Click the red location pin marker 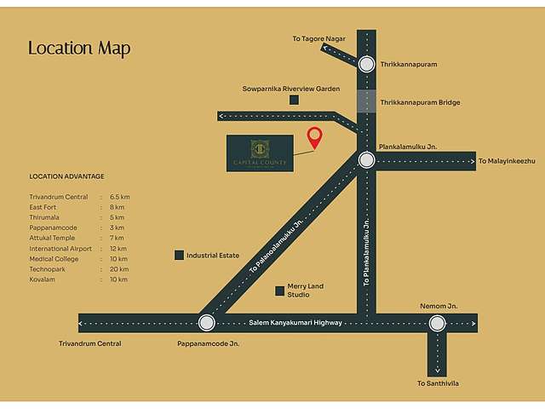pyautogui.click(x=315, y=137)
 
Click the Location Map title pyautogui.click(x=79, y=48)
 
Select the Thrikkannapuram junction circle pyautogui.click(x=366, y=64)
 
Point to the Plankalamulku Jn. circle pyautogui.click(x=366, y=160)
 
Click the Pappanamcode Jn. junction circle pyautogui.click(x=206, y=322)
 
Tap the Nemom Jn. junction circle pyautogui.click(x=437, y=322)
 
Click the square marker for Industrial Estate pyautogui.click(x=179, y=255)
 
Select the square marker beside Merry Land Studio pyautogui.click(x=279, y=291)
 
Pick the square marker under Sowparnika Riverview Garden pyautogui.click(x=294, y=100)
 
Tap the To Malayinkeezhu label pyautogui.click(x=506, y=161)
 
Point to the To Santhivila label pyautogui.click(x=438, y=383)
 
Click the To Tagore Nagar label pyautogui.click(x=318, y=37)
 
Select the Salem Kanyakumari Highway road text pyautogui.click(x=297, y=323)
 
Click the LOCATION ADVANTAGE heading pyautogui.click(x=66, y=176)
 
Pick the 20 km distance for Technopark pyautogui.click(x=118, y=268)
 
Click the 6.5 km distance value pyautogui.click(x=119, y=197)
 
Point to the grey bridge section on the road pyautogui.click(x=366, y=101)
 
